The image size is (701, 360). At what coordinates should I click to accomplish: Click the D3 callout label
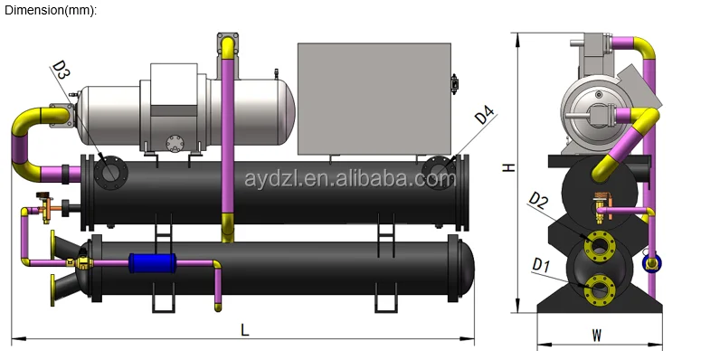pyautogui.click(x=62, y=70)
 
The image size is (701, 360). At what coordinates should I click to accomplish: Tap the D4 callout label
pyautogui.click(x=485, y=115)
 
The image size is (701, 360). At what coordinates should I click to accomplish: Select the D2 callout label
pyautogui.click(x=538, y=201)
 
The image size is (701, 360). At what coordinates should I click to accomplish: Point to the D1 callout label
pyautogui.click(x=541, y=265)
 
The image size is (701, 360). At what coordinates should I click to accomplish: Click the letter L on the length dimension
pyautogui.click(x=244, y=330)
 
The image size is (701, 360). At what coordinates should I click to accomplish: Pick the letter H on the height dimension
pyautogui.click(x=508, y=167)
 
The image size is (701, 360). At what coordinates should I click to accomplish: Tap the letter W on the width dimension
pyautogui.click(x=596, y=335)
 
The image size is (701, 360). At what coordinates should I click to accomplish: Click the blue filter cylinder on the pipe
pyautogui.click(x=152, y=263)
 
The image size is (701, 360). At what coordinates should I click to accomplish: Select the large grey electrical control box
pyautogui.click(x=374, y=99)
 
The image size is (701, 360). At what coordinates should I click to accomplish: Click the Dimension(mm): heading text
pyautogui.click(x=51, y=11)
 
